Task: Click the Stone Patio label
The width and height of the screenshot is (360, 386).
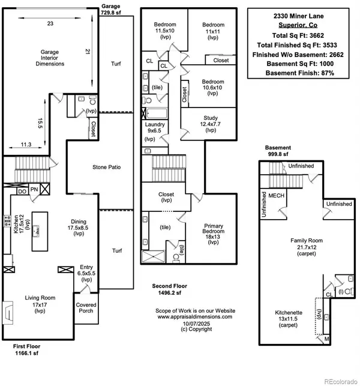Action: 107,167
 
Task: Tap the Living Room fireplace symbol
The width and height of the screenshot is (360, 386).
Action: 8,313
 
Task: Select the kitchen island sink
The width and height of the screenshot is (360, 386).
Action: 37,231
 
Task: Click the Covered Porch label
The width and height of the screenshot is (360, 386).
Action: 86,308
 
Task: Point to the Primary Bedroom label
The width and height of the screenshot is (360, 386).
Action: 213,234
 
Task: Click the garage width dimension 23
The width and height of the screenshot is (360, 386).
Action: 50,23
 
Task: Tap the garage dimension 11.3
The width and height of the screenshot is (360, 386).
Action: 26,145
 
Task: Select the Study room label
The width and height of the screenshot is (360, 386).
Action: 211,124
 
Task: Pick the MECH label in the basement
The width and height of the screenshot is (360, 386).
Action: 277,196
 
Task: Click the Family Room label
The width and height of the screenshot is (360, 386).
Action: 307,247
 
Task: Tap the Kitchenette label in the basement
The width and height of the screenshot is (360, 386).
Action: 289,319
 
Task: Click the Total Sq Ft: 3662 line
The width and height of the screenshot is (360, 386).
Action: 298,35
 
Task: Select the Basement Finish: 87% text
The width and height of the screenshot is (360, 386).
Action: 300,73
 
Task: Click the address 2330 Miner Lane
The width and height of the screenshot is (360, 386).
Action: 298,16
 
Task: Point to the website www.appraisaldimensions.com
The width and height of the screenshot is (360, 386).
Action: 195,317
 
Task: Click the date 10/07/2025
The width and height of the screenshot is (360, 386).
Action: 196,324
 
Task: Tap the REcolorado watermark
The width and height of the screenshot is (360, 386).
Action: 341,382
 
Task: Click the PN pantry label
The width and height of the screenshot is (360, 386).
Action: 34,189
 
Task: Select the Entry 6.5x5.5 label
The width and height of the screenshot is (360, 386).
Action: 86,273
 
